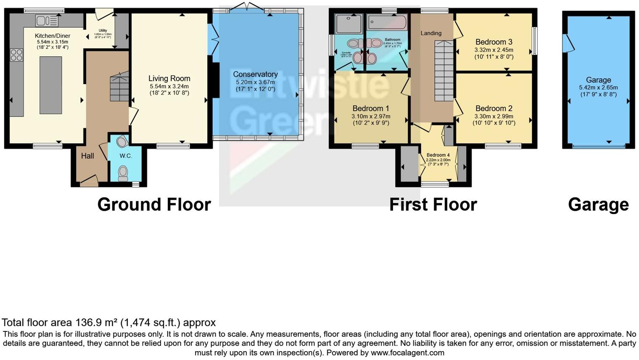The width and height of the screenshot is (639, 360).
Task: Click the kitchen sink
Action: point(47,21)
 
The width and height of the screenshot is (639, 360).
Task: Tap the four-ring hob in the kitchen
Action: point(16,55)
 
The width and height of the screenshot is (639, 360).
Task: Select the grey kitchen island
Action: point(50,85)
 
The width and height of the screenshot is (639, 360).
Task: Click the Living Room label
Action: point(169,78)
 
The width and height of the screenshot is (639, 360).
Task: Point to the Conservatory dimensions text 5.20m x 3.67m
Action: point(255,82)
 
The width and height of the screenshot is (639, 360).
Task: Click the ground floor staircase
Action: point(119,87)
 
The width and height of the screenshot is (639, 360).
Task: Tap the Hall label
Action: point(87,156)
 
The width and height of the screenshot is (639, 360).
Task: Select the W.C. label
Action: point(126,156)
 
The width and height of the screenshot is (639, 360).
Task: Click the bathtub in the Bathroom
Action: point(387,22)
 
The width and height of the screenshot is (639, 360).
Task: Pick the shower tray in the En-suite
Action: point(349,24)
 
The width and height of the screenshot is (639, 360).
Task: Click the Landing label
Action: point(431,33)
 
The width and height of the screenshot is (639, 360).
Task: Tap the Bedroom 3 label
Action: point(494,42)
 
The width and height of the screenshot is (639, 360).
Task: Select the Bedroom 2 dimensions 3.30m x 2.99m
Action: point(494,116)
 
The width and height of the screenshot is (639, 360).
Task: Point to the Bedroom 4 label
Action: point(438,155)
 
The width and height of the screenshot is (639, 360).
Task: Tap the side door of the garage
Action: point(568,43)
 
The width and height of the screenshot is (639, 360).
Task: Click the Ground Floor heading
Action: point(154,205)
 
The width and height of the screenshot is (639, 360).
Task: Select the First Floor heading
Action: point(433,205)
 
